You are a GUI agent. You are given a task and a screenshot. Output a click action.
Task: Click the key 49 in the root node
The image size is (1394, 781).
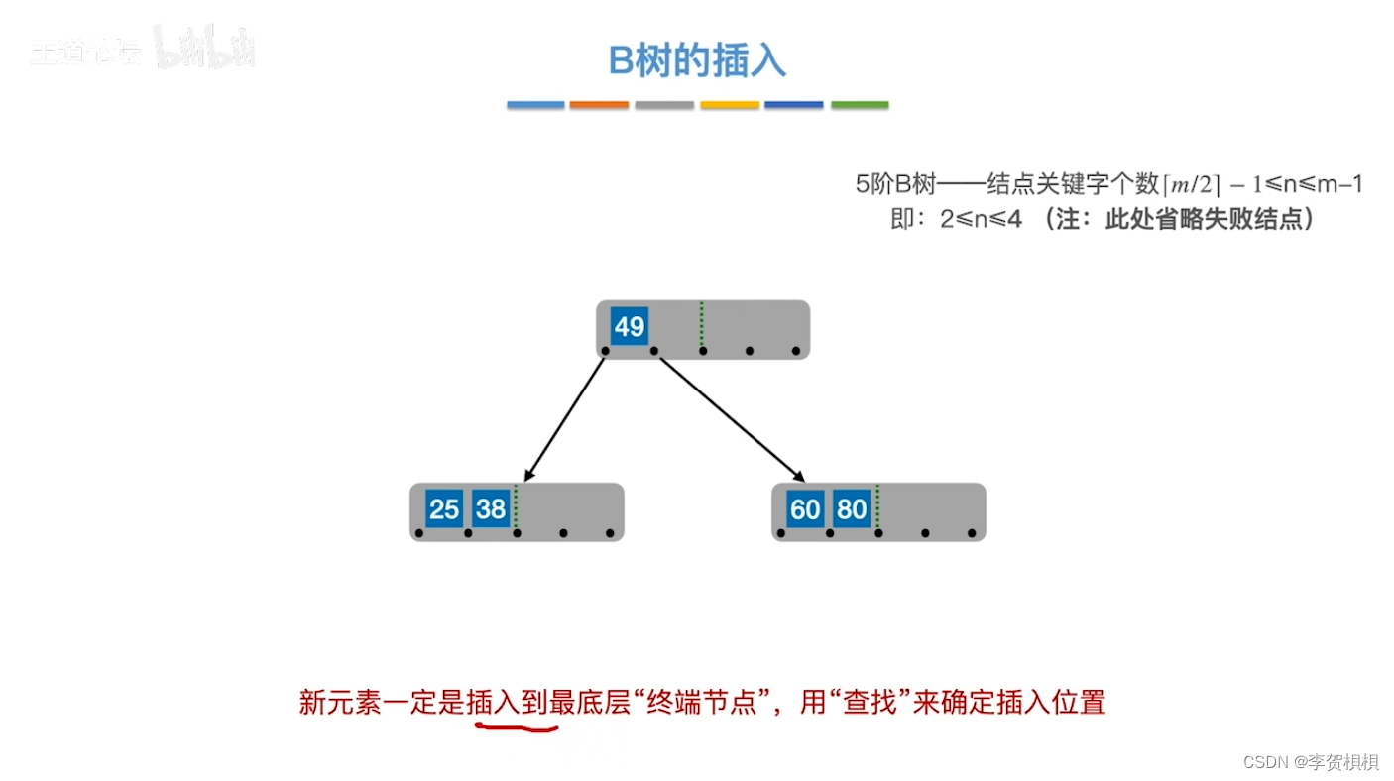coord(629,326)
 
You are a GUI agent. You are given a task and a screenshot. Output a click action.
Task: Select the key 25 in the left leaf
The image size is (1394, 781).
coord(444,509)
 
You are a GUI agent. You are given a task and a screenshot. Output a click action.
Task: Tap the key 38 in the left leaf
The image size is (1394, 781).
coord(491,509)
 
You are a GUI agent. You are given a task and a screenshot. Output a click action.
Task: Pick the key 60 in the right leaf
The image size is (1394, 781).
coord(805,509)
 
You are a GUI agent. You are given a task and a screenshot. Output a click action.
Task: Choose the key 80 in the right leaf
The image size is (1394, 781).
coord(852,509)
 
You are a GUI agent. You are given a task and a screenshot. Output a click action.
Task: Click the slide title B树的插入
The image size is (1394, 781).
coord(697,61)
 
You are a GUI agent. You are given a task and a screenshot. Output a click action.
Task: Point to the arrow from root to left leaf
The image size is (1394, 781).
coord(564,418)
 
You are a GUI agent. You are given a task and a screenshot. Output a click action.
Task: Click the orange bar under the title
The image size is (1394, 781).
coord(599,105)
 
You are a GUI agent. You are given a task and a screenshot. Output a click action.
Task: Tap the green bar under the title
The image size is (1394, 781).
coord(860,105)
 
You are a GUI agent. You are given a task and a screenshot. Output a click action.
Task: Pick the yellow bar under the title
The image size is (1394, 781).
coord(730,105)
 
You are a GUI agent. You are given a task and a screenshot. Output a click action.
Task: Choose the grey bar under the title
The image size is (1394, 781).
coord(664,105)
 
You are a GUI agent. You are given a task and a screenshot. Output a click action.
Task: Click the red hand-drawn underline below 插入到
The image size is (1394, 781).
coord(517,728)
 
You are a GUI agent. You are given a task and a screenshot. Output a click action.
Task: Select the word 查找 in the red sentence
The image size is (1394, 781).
coord(870,703)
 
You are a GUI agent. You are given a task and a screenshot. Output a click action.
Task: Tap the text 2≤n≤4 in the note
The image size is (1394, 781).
coord(982,219)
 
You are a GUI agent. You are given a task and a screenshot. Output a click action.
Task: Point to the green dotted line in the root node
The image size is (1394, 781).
coord(701,324)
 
